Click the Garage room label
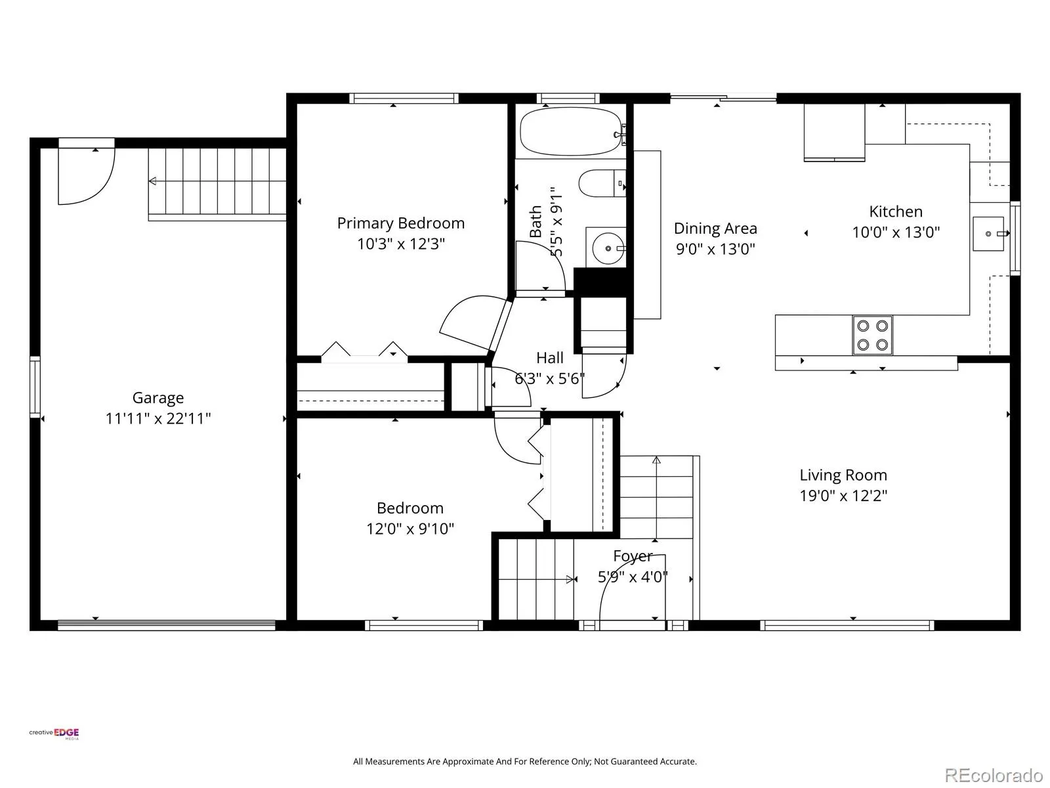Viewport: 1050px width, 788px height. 158,398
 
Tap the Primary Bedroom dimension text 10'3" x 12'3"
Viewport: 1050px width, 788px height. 401,244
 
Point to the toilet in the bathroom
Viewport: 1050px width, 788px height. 602,183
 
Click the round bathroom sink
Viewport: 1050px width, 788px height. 608,248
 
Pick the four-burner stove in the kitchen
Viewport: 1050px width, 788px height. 872,335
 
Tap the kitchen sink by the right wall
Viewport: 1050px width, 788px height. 988,234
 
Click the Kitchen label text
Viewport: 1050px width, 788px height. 896,211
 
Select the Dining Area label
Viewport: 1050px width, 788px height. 715,229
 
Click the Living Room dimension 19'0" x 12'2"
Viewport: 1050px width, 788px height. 843,496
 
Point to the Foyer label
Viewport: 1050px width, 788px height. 633,556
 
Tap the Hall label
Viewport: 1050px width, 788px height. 550,358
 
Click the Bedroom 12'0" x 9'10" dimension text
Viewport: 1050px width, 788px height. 410,529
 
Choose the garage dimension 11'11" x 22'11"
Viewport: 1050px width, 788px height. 158,419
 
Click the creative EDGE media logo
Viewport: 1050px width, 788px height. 54,733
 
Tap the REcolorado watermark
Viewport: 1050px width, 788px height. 994,775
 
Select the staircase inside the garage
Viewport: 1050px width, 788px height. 217,184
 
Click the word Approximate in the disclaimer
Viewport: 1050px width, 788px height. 468,761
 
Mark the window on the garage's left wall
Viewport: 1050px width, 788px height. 35,387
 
